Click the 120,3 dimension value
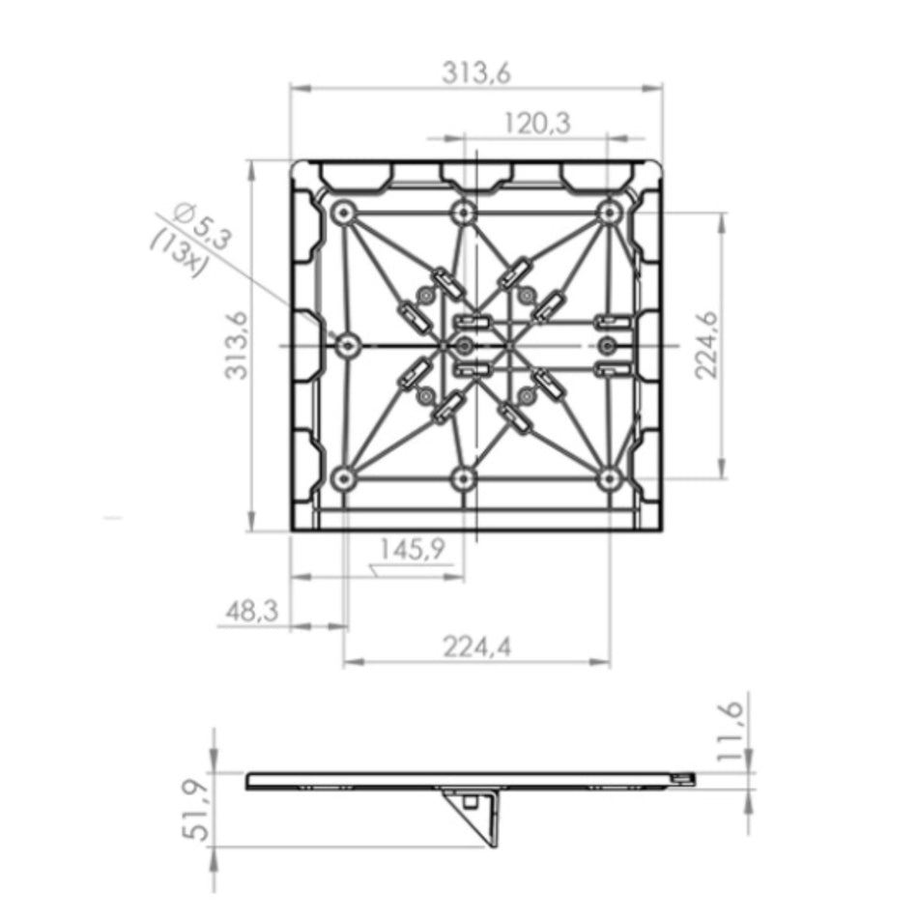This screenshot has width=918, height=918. [537, 124]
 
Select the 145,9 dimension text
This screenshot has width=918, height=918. [413, 549]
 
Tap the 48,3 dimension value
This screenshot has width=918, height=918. [252, 612]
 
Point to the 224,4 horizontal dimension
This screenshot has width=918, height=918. [476, 646]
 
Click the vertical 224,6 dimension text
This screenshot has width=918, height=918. [706, 345]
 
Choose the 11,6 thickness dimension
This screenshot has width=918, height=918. [731, 732]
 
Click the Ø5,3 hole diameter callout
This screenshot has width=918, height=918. [203, 225]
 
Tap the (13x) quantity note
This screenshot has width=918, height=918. [179, 253]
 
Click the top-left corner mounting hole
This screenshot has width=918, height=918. [344, 212]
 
